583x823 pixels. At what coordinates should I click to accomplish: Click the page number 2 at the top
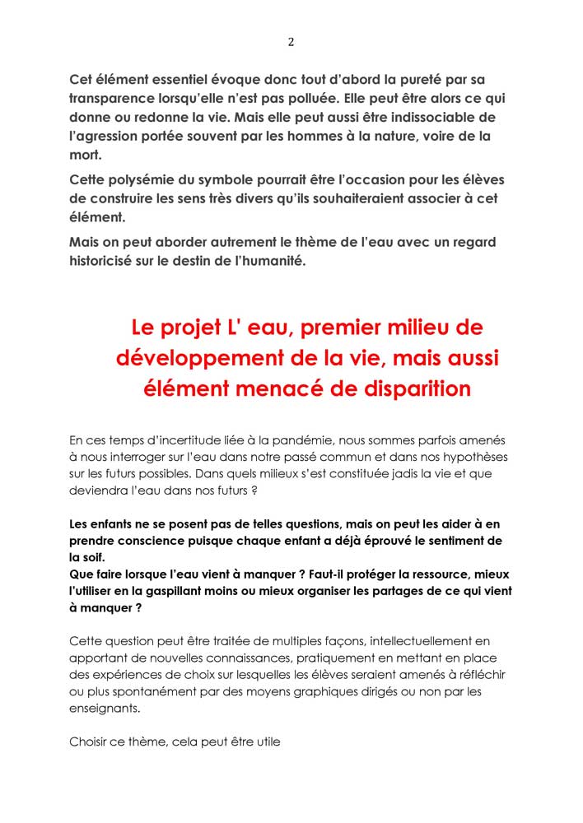pos(291,42)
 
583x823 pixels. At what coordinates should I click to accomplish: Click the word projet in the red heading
pos(202,328)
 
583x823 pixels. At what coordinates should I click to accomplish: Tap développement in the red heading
pos(210,358)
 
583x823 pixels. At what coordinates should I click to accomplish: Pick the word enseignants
pos(105,708)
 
